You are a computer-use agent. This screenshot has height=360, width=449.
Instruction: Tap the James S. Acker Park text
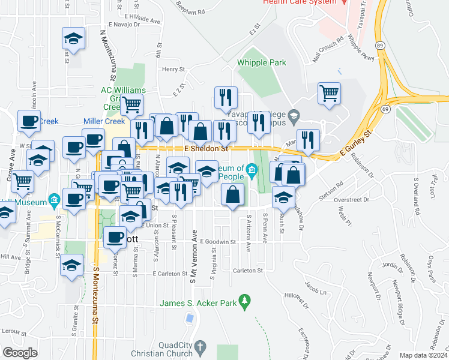(x=197, y=304)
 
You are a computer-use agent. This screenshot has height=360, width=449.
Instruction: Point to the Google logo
(x=20, y=353)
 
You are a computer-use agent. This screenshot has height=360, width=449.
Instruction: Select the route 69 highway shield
(x=384, y=109)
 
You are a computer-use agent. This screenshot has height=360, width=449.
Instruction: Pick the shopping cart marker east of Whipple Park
(x=329, y=92)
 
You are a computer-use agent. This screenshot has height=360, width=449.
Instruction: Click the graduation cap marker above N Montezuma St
(x=73, y=39)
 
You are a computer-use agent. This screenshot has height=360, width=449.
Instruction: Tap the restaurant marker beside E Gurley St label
(x=308, y=139)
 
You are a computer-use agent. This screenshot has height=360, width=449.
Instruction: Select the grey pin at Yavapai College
(x=294, y=115)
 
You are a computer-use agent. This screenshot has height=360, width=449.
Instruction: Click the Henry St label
(x=172, y=70)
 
